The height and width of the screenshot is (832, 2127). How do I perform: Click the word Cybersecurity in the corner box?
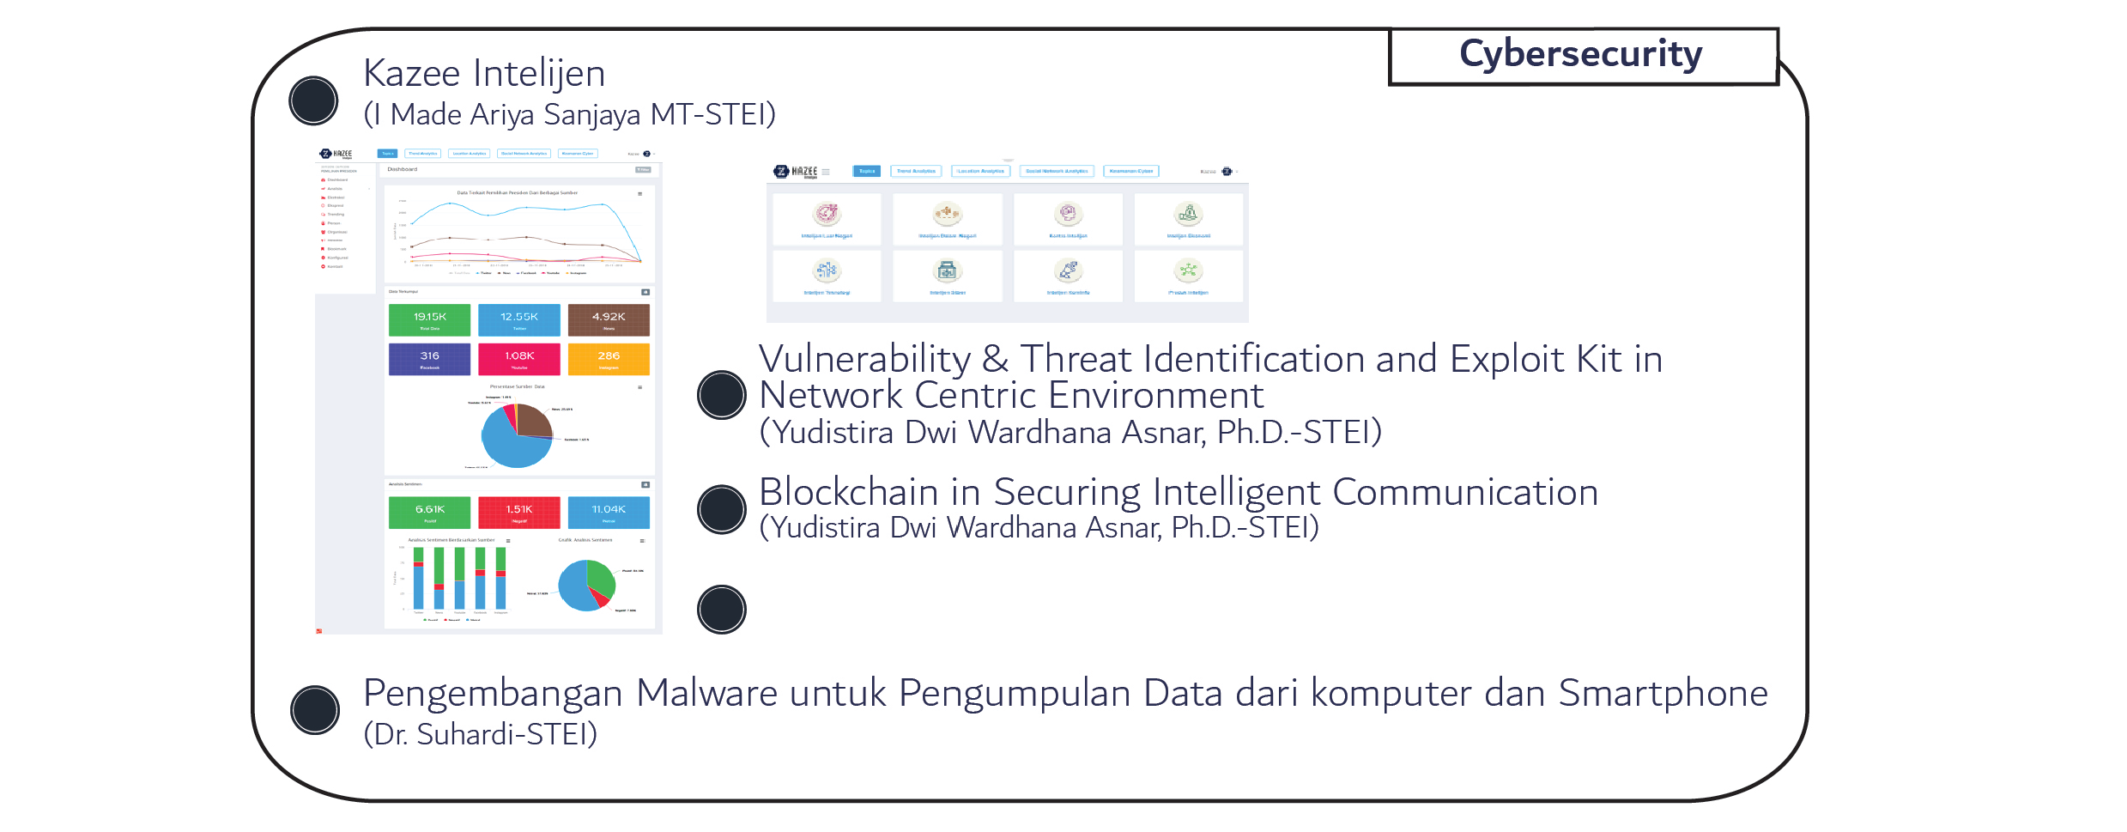(x=1580, y=54)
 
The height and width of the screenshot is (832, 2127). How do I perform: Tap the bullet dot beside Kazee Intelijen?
(x=314, y=100)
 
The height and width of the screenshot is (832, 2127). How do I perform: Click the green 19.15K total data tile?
(x=429, y=319)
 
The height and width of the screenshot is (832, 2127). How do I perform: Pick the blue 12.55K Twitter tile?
(x=518, y=319)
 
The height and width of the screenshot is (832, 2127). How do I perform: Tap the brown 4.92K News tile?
(x=609, y=319)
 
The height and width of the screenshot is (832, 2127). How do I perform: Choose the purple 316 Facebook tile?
(x=429, y=359)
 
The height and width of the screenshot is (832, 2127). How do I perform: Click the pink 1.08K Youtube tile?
(x=518, y=359)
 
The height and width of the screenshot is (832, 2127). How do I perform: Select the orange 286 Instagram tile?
(x=609, y=359)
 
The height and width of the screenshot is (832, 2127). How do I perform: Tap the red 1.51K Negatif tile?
(x=518, y=513)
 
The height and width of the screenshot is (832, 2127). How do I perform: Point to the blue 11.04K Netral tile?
(x=609, y=513)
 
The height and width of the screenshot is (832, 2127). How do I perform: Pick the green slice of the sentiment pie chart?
(x=602, y=578)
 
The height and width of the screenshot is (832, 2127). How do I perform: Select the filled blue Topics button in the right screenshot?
(x=867, y=171)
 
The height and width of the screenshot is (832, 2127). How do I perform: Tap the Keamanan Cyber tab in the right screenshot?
(x=1130, y=171)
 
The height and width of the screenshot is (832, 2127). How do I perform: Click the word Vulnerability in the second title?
(x=864, y=359)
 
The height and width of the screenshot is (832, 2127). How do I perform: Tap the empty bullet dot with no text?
(x=722, y=610)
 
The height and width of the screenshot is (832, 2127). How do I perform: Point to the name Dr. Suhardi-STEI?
(x=481, y=734)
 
